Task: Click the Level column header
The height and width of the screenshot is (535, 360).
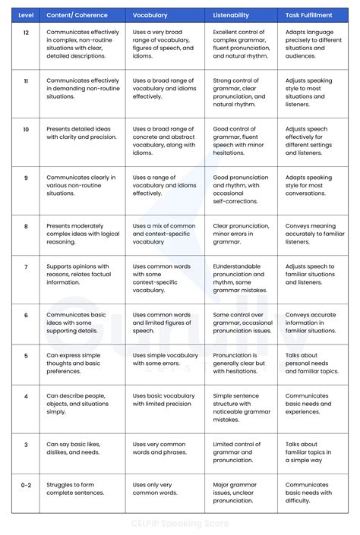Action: [x=26, y=14]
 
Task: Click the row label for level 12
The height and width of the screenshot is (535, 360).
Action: [x=26, y=33]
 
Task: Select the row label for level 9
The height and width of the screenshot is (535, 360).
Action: [x=26, y=178]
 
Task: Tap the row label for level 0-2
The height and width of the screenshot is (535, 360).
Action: [x=26, y=483]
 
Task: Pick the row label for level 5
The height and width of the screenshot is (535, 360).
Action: [x=26, y=354]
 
